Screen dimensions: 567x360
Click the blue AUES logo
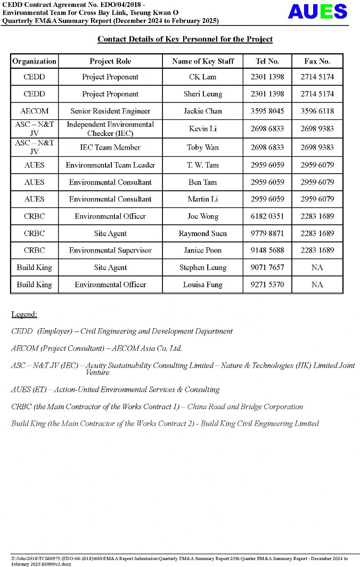tap(317, 12)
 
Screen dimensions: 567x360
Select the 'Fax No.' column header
tap(317, 61)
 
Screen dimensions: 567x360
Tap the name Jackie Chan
tap(202, 111)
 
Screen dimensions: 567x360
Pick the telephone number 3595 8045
tap(267, 111)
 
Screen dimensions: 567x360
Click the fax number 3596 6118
tap(317, 111)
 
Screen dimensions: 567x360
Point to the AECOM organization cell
tap(34, 111)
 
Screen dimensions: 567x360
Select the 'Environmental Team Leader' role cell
tap(110, 165)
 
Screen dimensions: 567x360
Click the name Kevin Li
tap(202, 129)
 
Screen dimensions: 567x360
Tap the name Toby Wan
tap(202, 148)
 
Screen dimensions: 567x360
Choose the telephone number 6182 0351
tap(267, 216)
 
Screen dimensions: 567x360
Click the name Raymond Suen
tap(202, 233)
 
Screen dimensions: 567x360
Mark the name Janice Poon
tap(202, 250)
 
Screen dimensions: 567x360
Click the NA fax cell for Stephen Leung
tap(317, 268)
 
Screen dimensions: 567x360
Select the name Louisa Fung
tap(202, 285)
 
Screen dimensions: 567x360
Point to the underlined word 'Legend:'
tap(24, 314)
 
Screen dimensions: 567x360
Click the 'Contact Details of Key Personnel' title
tap(185, 39)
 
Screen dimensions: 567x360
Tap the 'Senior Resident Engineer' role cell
tap(110, 111)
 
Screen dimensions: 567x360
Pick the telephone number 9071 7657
tap(267, 268)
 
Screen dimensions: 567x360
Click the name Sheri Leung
tap(202, 94)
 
